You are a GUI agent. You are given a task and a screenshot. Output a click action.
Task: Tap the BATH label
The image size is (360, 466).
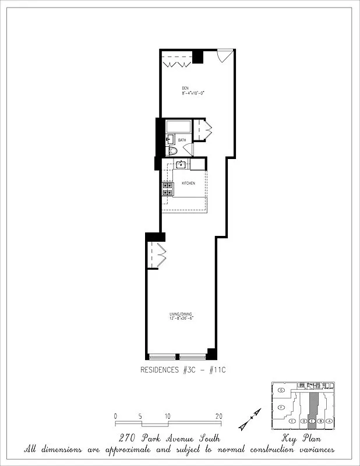point(182,140)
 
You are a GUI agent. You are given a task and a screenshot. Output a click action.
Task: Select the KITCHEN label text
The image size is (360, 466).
point(188,183)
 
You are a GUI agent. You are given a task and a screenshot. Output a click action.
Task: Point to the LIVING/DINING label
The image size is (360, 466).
point(181,316)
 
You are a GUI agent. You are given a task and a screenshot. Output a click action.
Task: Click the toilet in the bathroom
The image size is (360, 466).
point(171,151)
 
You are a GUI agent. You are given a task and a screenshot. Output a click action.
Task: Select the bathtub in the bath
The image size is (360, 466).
point(178,126)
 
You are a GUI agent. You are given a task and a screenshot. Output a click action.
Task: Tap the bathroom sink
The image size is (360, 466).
point(170,139)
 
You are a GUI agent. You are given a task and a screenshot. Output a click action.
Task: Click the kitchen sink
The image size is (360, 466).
point(181,164)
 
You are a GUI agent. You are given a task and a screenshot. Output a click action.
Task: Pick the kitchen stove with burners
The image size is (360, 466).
point(167,189)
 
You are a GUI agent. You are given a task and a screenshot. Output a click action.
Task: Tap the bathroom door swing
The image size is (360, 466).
point(188,149)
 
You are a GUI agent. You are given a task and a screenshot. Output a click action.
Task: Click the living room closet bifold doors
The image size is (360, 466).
point(157,255)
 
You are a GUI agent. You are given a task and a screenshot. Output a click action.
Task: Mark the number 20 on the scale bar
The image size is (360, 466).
point(218,416)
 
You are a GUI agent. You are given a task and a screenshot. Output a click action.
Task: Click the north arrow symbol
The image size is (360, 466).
point(253,417)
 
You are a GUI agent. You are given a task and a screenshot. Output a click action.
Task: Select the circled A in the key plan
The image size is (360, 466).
point(329,421)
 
